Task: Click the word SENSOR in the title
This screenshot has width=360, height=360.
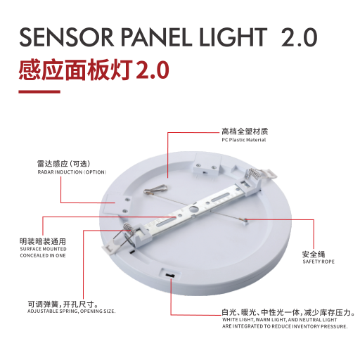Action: pos(67,37)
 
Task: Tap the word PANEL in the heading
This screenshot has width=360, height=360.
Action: pos(157,37)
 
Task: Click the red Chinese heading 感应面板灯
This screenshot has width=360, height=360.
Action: pos(76,70)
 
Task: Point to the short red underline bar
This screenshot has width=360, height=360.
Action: pos(39,92)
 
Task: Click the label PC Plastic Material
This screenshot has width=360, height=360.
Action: pos(244,140)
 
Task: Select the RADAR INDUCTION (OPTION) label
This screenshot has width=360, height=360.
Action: pos(72,172)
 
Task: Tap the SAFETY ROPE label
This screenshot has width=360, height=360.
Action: pos(319,262)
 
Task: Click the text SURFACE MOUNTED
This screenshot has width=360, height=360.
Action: pos(44,249)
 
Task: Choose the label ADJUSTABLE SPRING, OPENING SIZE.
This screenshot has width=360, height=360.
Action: pos(72,311)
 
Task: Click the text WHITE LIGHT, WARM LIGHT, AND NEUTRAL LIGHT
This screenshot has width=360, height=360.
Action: pos(280,320)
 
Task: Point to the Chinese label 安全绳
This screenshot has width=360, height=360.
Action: pos(314,254)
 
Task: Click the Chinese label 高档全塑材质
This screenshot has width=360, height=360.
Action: pos(245,131)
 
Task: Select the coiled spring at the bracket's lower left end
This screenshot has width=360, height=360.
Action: pos(128,228)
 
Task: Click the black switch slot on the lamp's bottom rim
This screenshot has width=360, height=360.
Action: pos(169,275)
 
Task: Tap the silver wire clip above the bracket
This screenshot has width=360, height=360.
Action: pos(156,189)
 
